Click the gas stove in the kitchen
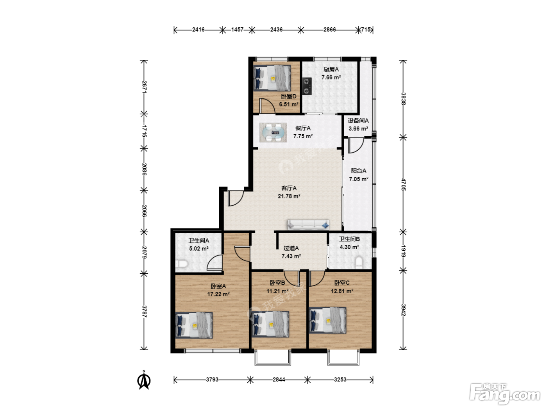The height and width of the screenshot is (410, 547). click(307, 86)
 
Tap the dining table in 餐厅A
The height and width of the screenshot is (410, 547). click(273, 132)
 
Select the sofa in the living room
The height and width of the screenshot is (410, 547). click(308, 225)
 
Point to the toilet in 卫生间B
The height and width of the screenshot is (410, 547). click(359, 263)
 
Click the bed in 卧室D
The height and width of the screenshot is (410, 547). click(272, 78)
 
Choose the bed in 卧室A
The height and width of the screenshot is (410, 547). click(194, 325)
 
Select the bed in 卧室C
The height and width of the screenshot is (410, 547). click(327, 320)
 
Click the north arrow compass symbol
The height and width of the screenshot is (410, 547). click(144, 380)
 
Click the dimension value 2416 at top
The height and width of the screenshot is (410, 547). click(198, 30)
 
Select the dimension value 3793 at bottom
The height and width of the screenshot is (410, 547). click(212, 380)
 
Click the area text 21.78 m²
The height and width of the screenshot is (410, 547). click(289, 196)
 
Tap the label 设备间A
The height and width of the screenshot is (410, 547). click(358, 121)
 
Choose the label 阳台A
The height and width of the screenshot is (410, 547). click(359, 171)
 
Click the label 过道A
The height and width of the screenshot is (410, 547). click(291, 248)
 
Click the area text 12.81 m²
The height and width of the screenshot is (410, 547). click(342, 291)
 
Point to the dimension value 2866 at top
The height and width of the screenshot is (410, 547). click(330, 30)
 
